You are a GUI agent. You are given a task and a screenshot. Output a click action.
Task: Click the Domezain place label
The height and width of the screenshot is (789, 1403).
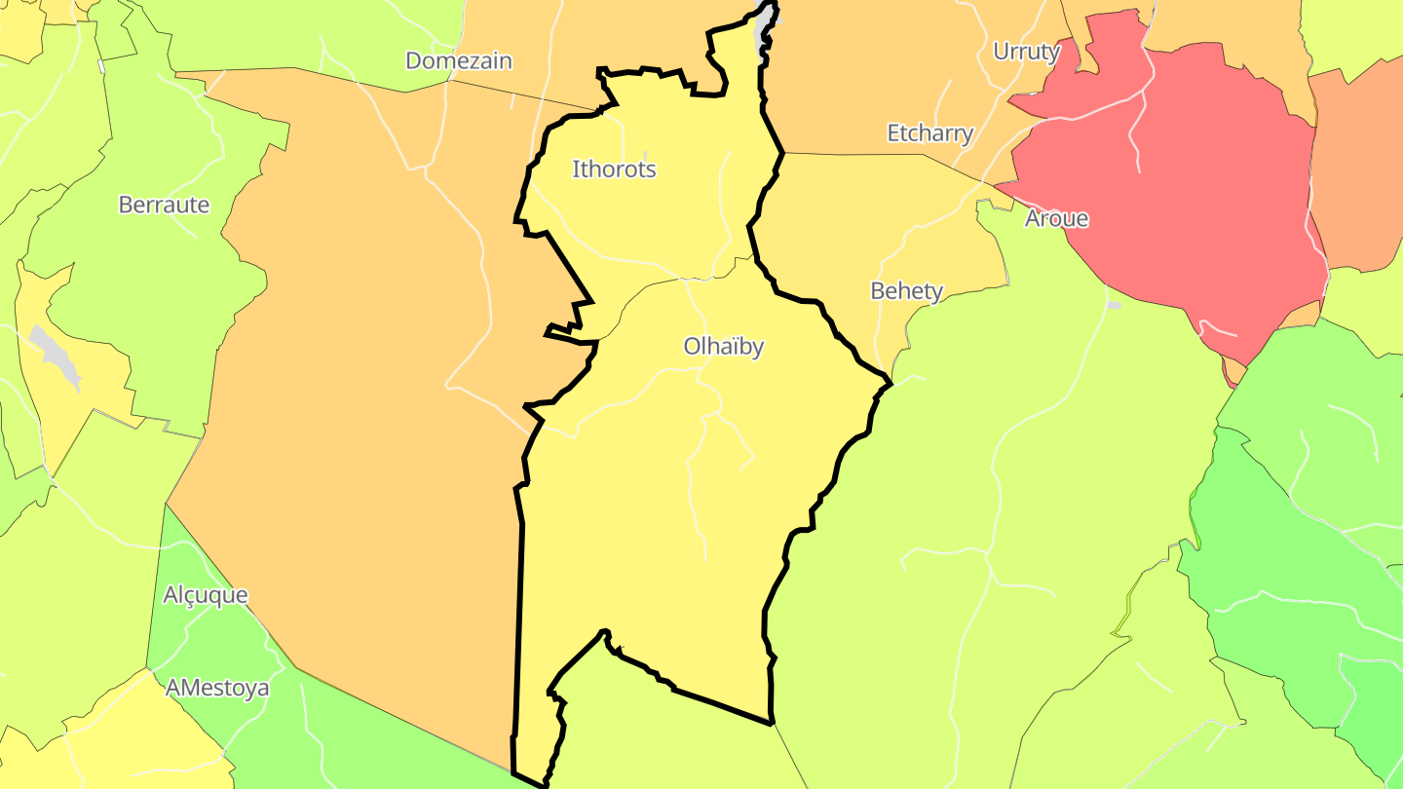pyautogui.click(x=458, y=60)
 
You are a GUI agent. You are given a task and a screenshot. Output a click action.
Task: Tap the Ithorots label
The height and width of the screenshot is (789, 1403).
pyautogui.click(x=614, y=169)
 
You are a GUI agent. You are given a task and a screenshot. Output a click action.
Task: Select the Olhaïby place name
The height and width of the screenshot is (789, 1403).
pyautogui.click(x=723, y=347)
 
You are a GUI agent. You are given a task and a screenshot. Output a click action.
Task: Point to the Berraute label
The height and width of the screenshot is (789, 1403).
pyautogui.click(x=164, y=205)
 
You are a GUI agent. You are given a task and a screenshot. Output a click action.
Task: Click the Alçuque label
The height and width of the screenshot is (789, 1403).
pyautogui.click(x=205, y=595)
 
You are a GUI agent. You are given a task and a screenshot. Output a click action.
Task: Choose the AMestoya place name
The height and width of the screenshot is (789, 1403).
pyautogui.click(x=217, y=688)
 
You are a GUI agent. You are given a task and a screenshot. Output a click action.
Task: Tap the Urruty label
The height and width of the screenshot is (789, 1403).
pyautogui.click(x=1026, y=52)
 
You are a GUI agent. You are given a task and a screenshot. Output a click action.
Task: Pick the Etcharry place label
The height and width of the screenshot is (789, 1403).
pyautogui.click(x=929, y=133)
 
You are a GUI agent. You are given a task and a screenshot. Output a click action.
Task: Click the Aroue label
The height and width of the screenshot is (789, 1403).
pyautogui.click(x=1056, y=218)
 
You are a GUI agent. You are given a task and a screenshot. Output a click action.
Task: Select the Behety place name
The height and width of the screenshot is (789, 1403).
pyautogui.click(x=906, y=290)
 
